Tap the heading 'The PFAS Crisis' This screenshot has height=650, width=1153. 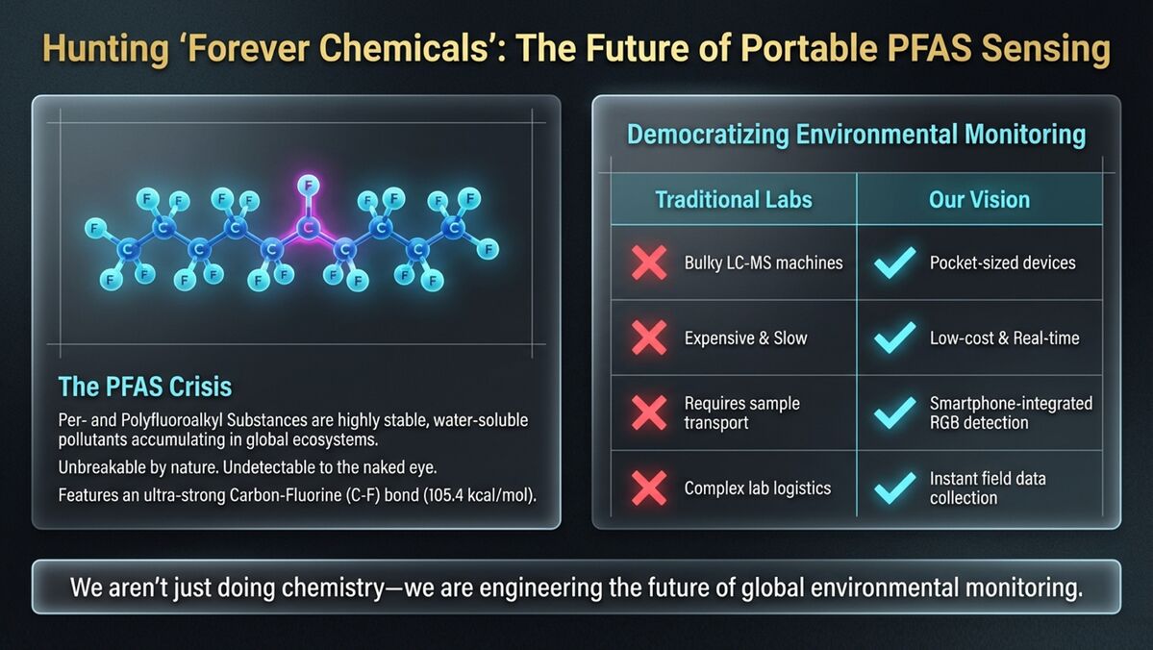pos(145,387)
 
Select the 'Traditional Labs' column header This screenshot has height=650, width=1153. pos(733,199)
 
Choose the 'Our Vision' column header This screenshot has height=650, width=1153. pos(979,199)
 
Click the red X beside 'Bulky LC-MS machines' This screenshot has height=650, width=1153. pos(649,262)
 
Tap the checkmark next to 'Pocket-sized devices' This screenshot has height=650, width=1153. pos(895,262)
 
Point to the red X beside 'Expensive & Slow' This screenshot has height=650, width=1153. pos(649,338)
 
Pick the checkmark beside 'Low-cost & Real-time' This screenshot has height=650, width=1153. pos(895,338)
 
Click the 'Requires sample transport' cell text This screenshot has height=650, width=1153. pos(742,412)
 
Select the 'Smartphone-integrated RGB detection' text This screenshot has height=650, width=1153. pos(1011,412)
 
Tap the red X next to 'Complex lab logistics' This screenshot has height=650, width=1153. pos(649,488)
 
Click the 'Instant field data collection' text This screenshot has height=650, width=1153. pos(988,487)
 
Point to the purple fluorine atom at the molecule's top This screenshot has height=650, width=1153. pos(308,185)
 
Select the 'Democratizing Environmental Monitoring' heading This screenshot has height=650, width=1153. pos(856,135)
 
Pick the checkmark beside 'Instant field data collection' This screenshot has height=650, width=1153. pos(895,488)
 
